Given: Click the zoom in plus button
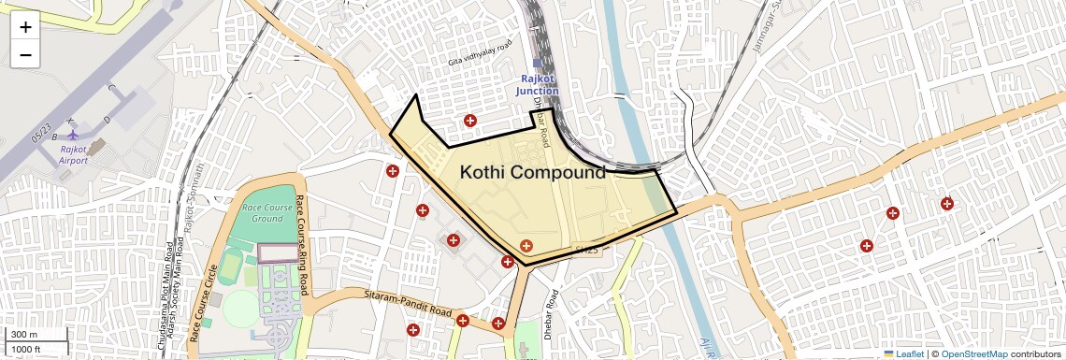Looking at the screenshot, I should pos(25,26).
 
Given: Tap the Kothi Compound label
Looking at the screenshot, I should pos(533,173).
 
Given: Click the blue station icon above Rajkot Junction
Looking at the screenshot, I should pos(538,64).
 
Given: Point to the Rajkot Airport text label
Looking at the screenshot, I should pos(74,154).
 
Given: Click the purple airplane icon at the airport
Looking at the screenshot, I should pos(74,135).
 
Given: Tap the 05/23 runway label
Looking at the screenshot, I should pos(42,135).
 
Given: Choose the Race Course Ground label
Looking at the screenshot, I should pos(262,212).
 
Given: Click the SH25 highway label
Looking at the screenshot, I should pos(584,250).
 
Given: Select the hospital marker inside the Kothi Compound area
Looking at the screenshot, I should pos(526,246).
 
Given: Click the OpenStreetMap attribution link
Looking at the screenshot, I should pos(974,353).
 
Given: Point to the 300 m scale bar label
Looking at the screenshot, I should pos(24,335).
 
